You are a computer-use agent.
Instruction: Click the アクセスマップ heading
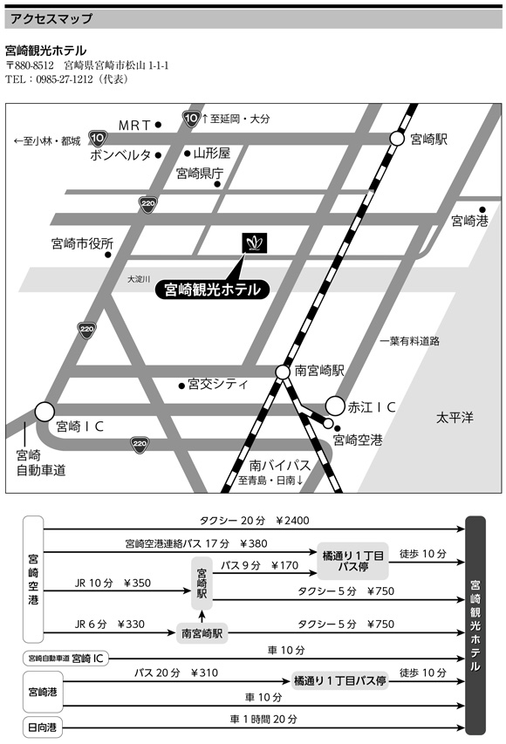51,19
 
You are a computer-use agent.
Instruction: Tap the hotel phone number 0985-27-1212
64,79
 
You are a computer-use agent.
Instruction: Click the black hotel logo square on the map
254,243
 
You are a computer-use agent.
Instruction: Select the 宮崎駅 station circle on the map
397,139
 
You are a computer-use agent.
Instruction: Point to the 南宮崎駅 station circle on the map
283,372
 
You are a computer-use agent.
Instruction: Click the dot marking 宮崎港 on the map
482,209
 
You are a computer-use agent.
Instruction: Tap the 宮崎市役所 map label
82,243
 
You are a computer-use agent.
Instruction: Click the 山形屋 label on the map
212,153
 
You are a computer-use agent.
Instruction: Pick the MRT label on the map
134,126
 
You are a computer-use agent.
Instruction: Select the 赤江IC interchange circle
335,406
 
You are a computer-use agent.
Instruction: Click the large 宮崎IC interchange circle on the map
44,412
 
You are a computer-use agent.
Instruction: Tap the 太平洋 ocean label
455,418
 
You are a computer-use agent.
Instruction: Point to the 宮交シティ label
218,384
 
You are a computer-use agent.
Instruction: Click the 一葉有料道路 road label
410,341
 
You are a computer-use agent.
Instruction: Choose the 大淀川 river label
139,279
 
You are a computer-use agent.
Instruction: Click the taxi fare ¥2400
292,521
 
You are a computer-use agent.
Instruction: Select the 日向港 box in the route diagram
43,727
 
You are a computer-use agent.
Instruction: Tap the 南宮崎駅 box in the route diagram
202,633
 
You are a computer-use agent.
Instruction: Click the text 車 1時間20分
263,720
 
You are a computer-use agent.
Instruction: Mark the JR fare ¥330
131,624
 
